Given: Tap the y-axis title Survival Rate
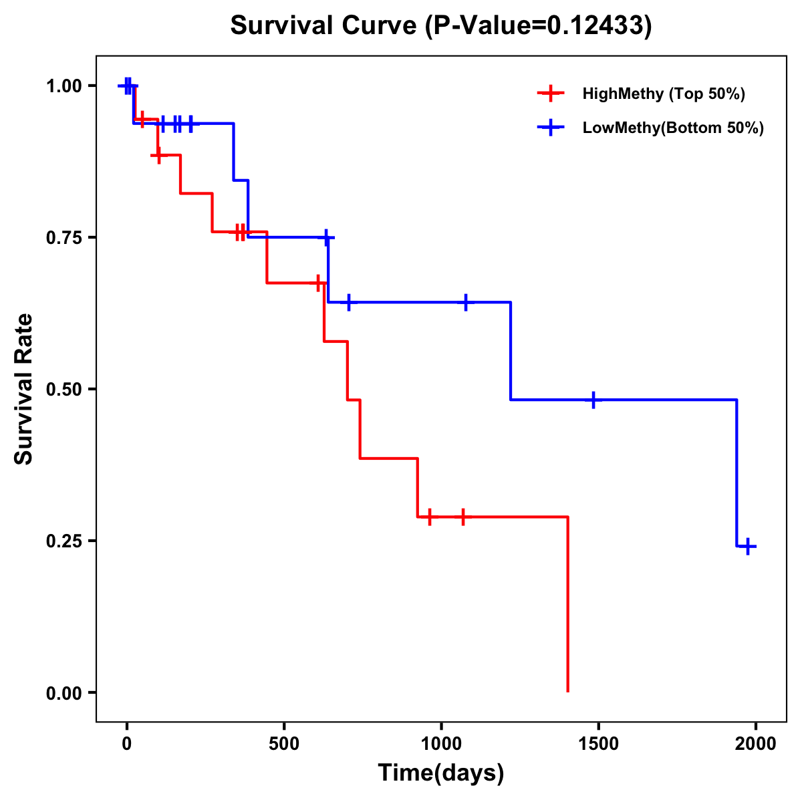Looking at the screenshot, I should click(24, 388).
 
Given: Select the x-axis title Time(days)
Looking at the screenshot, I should click(441, 773).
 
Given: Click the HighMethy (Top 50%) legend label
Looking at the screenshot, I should click(664, 94).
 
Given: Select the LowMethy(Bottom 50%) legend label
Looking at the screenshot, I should click(673, 128).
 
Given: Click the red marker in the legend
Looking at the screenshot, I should click(550, 94).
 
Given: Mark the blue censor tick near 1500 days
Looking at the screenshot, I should click(593, 400).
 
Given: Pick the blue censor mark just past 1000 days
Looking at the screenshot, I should click(465, 302).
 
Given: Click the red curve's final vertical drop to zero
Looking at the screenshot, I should click(567, 605).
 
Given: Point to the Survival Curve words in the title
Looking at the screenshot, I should click(323, 25).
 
